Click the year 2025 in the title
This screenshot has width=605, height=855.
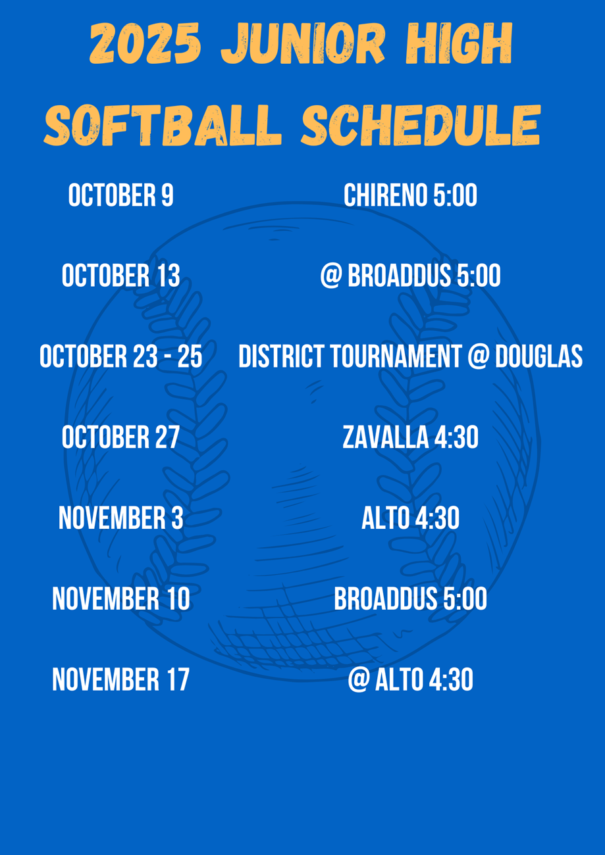point(145,43)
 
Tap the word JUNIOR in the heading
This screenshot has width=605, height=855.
point(303,43)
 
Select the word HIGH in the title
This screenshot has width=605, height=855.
point(459,43)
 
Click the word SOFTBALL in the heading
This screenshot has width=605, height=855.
point(163,125)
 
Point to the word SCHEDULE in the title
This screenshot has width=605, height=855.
point(421,125)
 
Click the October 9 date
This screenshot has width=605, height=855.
point(121,195)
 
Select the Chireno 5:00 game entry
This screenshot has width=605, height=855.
point(410,195)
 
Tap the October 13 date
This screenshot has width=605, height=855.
point(121,275)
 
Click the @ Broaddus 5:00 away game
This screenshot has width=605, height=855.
point(410,275)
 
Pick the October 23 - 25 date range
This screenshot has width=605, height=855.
point(121,356)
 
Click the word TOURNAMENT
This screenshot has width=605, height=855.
point(396,356)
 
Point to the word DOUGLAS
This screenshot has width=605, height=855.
point(539,356)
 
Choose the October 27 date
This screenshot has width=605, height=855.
point(121,437)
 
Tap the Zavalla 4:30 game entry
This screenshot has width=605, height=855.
point(410,437)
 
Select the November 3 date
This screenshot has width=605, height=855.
point(121,518)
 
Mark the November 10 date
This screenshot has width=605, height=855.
point(121,598)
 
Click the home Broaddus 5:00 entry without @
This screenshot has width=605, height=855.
point(410,598)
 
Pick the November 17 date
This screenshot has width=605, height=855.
point(121,679)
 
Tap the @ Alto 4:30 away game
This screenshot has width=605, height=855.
point(410,679)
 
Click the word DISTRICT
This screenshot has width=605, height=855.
point(282,356)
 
